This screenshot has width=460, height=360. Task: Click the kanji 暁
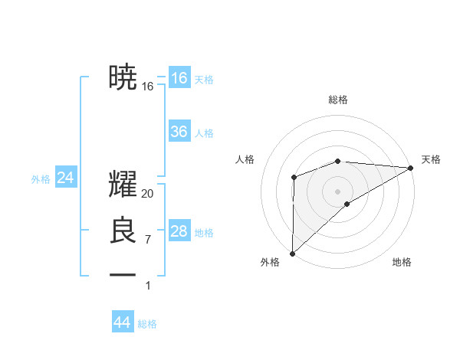[x=123, y=77]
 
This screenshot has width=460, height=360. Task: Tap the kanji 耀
[x=123, y=185]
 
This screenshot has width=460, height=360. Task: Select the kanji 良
[x=123, y=231]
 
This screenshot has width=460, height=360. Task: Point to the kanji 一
[x=123, y=274]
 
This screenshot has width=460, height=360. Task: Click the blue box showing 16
[x=179, y=77]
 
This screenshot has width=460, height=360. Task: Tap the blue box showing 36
[x=179, y=132]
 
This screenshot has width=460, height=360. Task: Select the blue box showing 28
[x=179, y=231]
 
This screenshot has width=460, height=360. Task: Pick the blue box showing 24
[x=65, y=178]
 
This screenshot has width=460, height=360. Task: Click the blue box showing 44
[x=122, y=322]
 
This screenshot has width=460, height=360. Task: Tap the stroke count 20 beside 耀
[x=148, y=194]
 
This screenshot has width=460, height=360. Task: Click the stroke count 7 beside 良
[x=148, y=240]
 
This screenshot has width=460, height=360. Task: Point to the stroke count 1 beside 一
[x=148, y=286]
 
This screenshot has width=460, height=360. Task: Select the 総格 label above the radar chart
[x=337, y=100]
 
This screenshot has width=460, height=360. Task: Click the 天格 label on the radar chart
[x=431, y=159]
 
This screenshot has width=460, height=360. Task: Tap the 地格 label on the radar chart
[x=402, y=262]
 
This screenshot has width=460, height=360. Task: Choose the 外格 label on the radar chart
[x=270, y=262]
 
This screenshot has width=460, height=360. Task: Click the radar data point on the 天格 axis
[x=410, y=168]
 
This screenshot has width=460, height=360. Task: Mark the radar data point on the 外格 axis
[x=292, y=253]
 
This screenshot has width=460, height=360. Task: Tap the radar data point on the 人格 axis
[x=294, y=178]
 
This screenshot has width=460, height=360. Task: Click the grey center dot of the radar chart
[x=337, y=191]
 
